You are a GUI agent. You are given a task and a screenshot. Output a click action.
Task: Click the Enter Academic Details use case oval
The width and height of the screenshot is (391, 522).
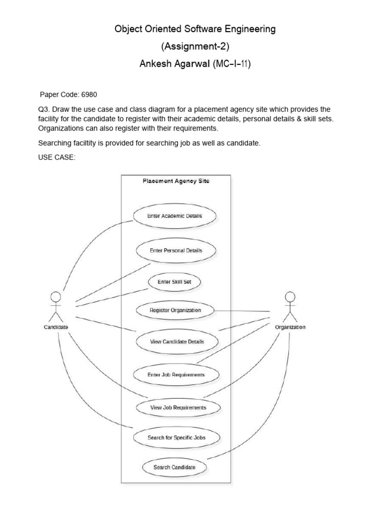tap(175, 216)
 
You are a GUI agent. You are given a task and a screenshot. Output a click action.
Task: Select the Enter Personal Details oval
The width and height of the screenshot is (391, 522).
tap(176, 250)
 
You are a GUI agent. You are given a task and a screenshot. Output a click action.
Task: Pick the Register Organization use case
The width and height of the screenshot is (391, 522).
tap(175, 310)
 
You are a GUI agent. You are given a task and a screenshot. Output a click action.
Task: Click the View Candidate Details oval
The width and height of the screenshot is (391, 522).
tap(177, 342)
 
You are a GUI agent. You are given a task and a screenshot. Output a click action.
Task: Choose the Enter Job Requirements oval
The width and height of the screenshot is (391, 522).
tap(176, 375)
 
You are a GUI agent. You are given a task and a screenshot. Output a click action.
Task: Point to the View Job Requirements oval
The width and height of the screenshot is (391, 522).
tap(178, 407)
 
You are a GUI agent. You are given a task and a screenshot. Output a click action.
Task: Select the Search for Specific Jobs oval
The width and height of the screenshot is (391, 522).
tap(177, 437)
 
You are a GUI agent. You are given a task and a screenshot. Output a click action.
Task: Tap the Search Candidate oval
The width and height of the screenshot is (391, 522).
tap(174, 467)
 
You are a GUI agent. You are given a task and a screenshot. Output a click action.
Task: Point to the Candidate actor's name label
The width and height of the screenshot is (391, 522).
tap(55, 327)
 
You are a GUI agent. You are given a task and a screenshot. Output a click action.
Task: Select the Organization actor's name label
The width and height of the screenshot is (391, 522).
tap(290, 327)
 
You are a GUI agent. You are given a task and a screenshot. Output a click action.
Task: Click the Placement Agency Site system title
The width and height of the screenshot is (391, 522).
tap(176, 181)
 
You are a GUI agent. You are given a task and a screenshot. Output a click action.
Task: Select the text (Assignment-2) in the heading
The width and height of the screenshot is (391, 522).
tap(195, 47)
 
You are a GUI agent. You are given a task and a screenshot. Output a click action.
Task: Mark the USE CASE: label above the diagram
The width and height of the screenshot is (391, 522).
tap(57, 158)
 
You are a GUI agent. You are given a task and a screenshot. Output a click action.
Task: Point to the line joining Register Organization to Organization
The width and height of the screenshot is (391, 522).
tap(242, 310)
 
